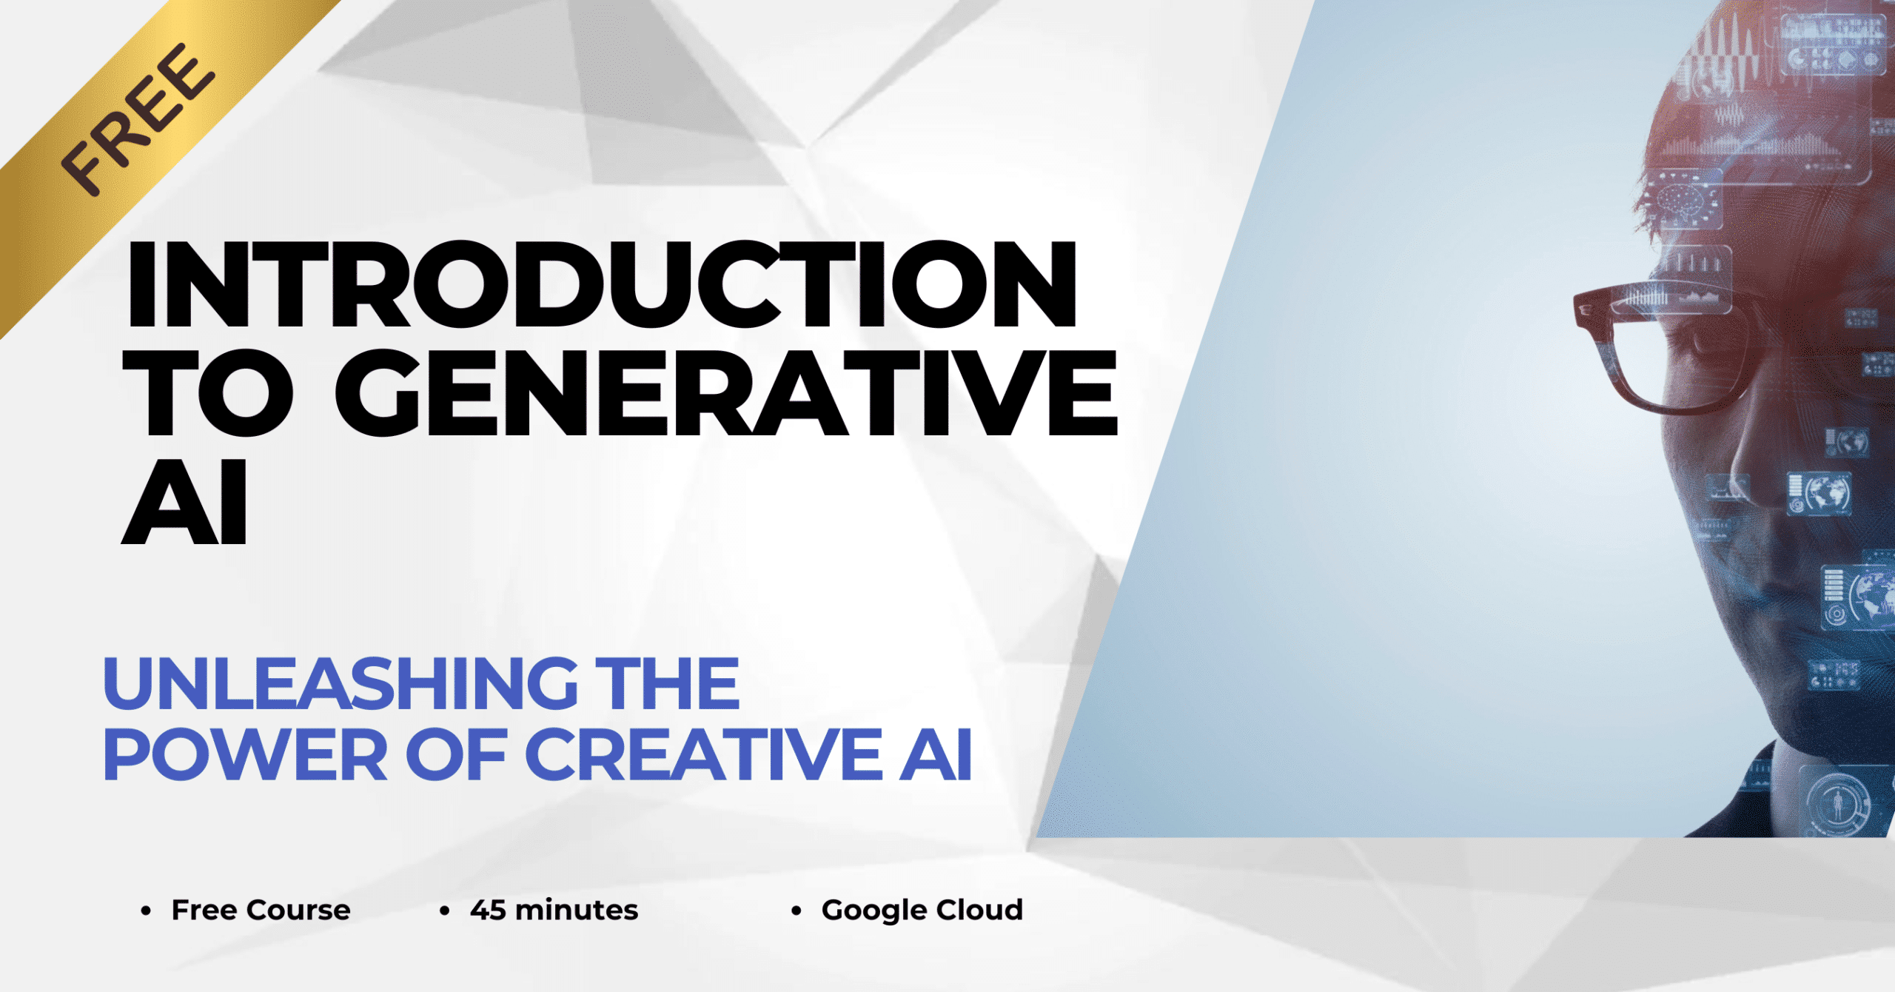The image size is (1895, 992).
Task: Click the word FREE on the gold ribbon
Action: pos(137,119)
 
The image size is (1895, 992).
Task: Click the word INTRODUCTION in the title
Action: pos(602,285)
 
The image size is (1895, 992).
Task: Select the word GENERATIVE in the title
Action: pos(726,393)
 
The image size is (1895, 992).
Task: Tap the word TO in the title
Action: pos(208,393)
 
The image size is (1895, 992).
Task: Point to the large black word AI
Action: pos(184,503)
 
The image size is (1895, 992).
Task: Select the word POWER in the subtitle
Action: pos(245,755)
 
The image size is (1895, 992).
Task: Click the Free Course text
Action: pos(261,910)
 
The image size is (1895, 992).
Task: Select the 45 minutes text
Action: pos(554,910)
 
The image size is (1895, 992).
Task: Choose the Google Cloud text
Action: pos(922,910)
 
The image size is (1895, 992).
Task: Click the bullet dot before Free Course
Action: pos(146,911)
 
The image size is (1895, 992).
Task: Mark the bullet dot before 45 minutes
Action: pos(444,911)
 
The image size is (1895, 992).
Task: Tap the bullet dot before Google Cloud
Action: pos(796,911)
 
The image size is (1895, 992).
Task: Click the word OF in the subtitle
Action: pos(455,755)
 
